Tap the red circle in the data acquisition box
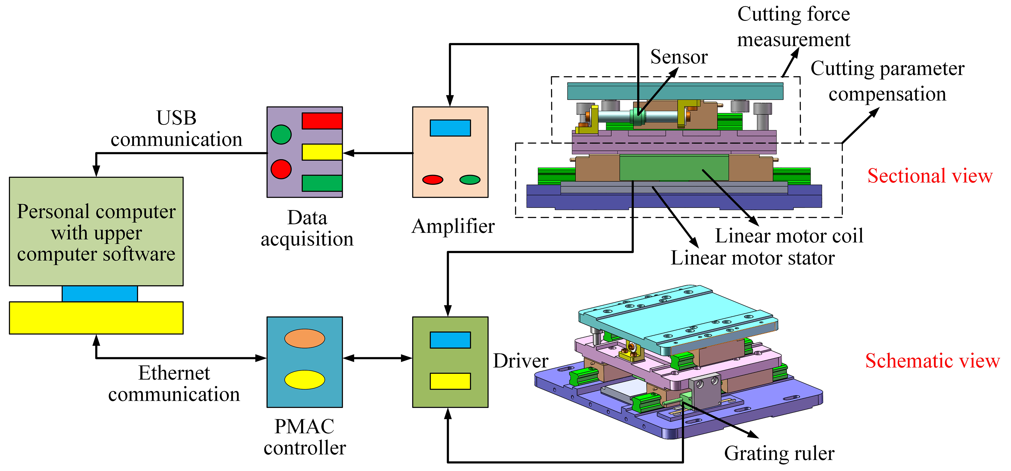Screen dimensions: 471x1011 click(281, 169)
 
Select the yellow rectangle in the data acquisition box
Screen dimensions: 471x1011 click(322, 152)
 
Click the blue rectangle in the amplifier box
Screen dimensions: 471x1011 click(450, 128)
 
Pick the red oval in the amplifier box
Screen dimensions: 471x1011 click(433, 179)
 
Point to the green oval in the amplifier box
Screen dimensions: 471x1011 click(470, 179)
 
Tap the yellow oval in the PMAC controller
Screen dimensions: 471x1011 click(305, 380)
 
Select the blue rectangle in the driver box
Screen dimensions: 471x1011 click(450, 340)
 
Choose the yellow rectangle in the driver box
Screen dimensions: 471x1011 click(450, 381)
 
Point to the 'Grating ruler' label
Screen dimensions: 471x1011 click(779, 453)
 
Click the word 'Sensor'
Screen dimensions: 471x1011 click(679, 57)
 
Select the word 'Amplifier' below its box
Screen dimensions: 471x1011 click(453, 226)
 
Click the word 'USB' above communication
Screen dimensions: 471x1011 click(176, 118)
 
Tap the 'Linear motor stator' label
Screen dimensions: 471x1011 click(752, 258)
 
